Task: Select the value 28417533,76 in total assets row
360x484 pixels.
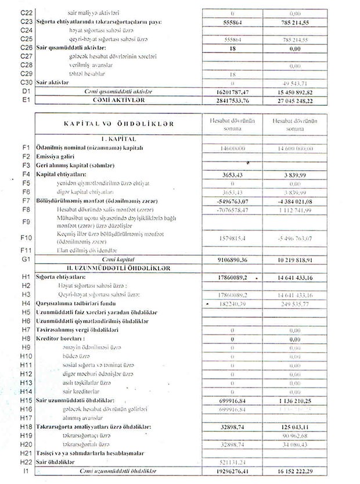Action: [x=232, y=100]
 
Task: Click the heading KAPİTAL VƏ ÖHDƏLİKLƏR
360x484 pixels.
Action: [x=118, y=123]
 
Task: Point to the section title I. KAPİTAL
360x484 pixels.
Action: [x=118, y=139]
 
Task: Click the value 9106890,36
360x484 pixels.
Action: [x=232, y=259]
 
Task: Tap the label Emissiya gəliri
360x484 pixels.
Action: [x=57, y=156]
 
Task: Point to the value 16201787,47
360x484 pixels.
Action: [x=232, y=91]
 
